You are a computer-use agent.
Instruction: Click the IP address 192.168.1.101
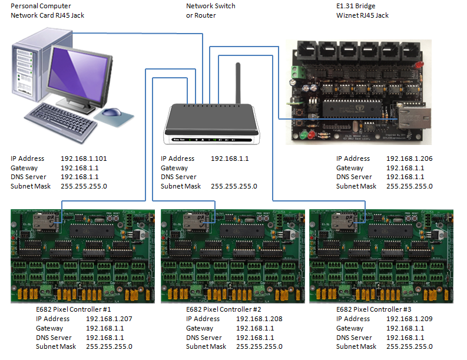point(84,158)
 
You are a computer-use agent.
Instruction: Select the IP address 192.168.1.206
point(409,158)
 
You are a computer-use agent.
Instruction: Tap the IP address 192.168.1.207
point(109,319)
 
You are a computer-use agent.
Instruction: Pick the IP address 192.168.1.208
point(259,319)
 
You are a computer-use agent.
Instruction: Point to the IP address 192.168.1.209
point(409,319)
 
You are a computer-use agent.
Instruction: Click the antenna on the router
point(238,83)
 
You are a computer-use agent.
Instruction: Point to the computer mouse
point(112,113)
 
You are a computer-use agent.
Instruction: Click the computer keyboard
point(62,121)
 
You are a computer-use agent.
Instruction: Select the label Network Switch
point(211,6)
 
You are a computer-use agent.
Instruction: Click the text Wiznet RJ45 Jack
point(362,15)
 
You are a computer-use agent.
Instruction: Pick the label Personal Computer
point(41,6)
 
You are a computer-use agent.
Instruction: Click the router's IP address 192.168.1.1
point(230,158)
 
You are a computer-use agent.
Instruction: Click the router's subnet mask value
point(234,186)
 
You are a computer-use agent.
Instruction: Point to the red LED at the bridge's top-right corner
point(420,65)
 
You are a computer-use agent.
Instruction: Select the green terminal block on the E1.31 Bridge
point(298,71)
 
